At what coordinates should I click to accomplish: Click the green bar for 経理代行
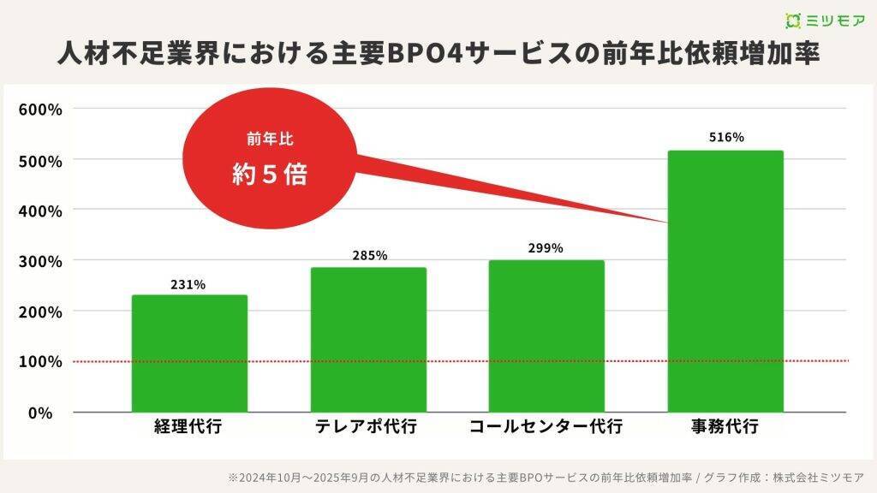(x=189, y=353)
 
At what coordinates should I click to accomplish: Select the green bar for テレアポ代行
(x=368, y=339)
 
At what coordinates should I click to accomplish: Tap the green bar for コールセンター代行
(x=546, y=336)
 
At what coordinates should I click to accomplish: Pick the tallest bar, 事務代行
(x=725, y=281)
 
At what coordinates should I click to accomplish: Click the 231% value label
(x=189, y=285)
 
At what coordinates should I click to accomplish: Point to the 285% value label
(x=370, y=255)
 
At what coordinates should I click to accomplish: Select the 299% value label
(x=546, y=248)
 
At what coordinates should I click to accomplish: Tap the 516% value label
(x=726, y=137)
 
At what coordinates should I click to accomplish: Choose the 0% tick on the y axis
(x=40, y=413)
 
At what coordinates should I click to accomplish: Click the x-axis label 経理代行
(x=188, y=426)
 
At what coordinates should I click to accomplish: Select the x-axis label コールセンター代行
(x=546, y=426)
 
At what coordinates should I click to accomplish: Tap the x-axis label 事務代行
(x=725, y=426)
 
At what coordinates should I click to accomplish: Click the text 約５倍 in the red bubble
(x=270, y=175)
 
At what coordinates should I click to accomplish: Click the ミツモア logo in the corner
(x=826, y=20)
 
